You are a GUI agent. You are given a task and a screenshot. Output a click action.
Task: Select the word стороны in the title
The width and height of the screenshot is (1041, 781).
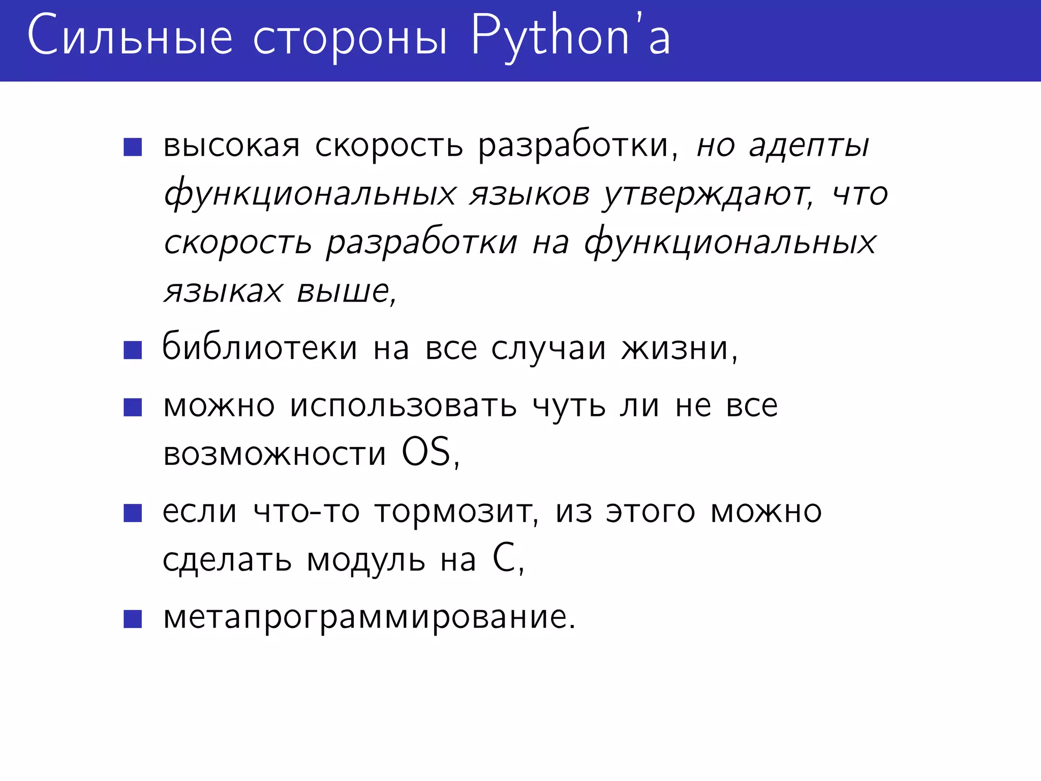click(x=350, y=39)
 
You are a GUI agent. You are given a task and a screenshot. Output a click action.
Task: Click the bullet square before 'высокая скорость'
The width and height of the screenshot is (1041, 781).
click(x=133, y=147)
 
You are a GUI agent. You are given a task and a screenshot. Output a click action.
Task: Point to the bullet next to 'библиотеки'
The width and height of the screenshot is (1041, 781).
click(x=133, y=350)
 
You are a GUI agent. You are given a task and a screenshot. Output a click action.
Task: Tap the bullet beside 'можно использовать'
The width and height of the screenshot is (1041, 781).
click(x=133, y=407)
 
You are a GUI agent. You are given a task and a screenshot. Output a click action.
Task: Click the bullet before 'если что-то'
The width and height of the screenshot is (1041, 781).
click(x=133, y=513)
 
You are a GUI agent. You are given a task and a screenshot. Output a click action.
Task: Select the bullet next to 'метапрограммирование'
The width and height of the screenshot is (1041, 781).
click(x=133, y=619)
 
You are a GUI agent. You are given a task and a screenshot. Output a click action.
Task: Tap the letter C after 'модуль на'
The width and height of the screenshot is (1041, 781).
click(x=504, y=558)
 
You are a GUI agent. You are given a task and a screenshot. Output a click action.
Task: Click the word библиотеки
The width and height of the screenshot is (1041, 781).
click(x=260, y=348)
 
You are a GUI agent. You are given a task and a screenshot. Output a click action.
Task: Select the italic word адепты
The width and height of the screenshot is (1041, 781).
click(x=809, y=146)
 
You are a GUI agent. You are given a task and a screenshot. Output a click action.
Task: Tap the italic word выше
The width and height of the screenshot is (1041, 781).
click(x=343, y=292)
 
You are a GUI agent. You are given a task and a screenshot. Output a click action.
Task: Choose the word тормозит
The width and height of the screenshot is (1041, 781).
click(x=453, y=512)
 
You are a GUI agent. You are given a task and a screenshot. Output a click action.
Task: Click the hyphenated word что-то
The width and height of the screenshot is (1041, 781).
click(x=307, y=512)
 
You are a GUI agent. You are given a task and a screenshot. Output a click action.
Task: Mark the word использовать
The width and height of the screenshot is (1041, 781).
click(x=404, y=407)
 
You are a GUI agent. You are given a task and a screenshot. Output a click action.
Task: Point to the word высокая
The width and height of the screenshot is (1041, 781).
click(x=232, y=146)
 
